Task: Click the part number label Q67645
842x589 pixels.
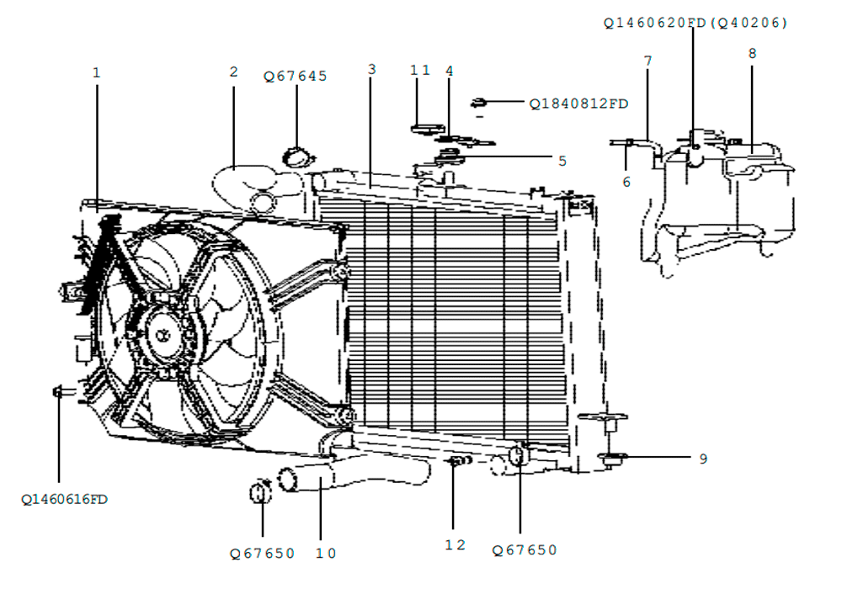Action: click(295, 77)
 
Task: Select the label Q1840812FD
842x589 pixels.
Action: click(579, 103)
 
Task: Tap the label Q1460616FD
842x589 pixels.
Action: click(65, 500)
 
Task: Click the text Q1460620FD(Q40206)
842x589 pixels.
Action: click(695, 23)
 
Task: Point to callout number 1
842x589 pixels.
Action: click(97, 72)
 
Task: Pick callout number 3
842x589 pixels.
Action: click(372, 69)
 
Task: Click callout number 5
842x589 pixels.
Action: click(562, 161)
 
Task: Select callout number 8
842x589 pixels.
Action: click(752, 53)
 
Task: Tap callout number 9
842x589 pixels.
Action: click(703, 459)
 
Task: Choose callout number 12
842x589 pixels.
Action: click(455, 545)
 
